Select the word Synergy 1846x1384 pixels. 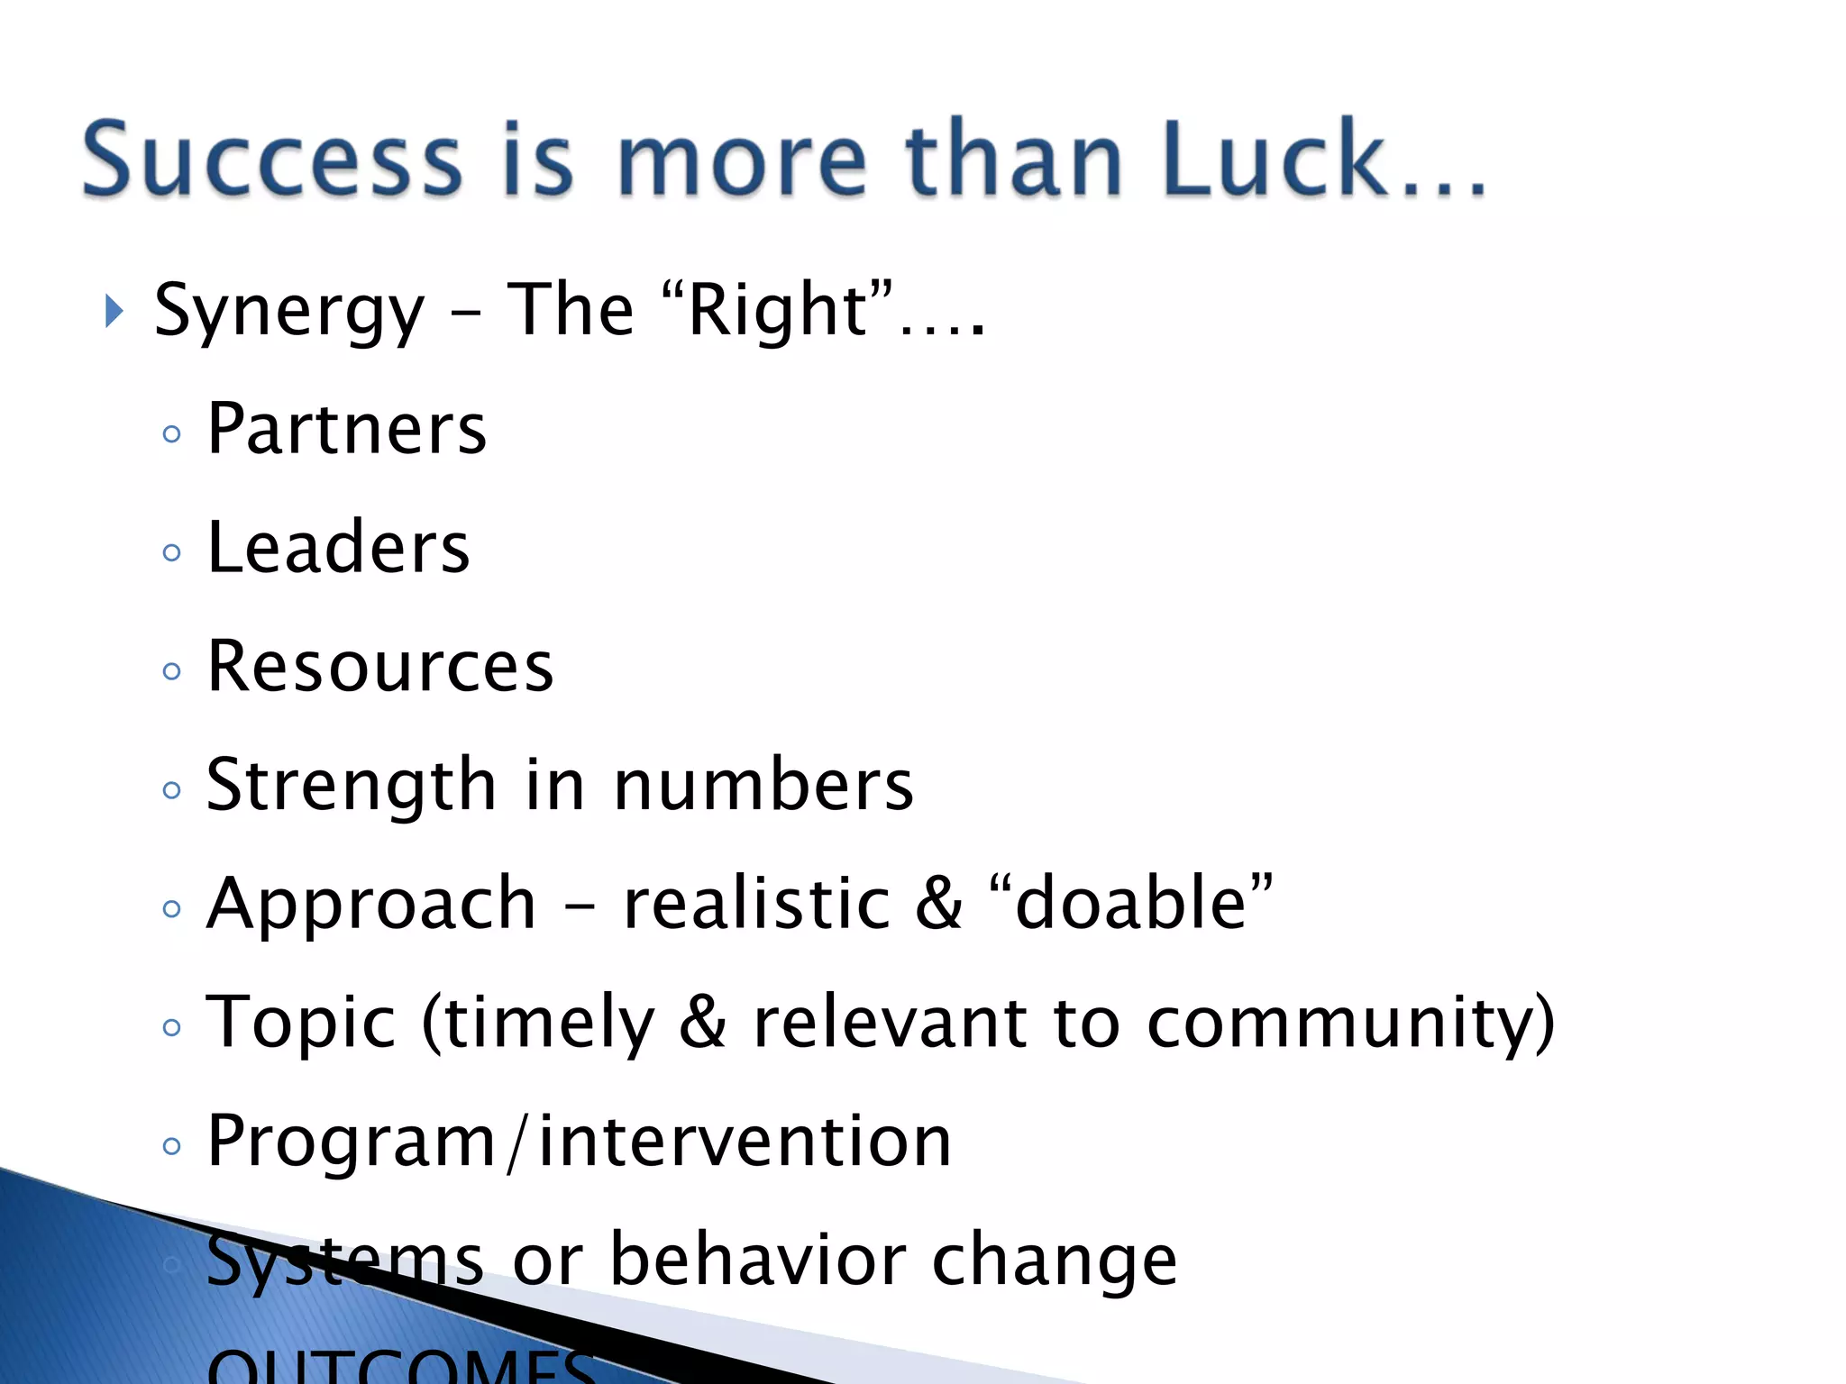point(288,312)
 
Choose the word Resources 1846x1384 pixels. point(379,667)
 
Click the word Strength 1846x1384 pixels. point(352,786)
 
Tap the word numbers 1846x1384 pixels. point(763,786)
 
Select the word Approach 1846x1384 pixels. point(371,904)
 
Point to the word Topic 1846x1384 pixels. point(301,1024)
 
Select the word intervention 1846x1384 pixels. point(745,1142)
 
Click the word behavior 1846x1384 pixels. point(758,1260)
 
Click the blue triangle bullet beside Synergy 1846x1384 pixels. point(114,312)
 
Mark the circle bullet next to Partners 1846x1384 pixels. point(171,434)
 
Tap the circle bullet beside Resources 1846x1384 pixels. point(171,671)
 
